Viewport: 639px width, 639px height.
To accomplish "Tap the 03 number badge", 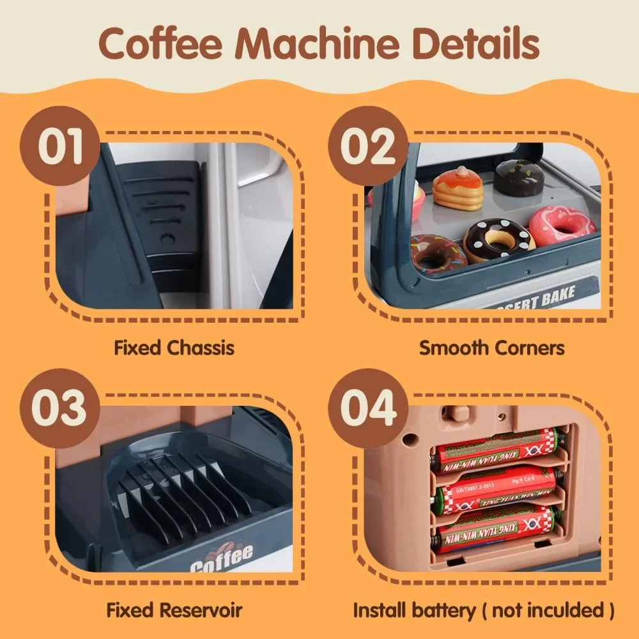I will [61, 409].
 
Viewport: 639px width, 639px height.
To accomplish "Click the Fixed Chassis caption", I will [174, 348].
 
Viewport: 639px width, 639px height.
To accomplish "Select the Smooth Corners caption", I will [491, 348].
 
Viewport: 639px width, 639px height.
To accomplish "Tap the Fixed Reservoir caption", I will [174, 610].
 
